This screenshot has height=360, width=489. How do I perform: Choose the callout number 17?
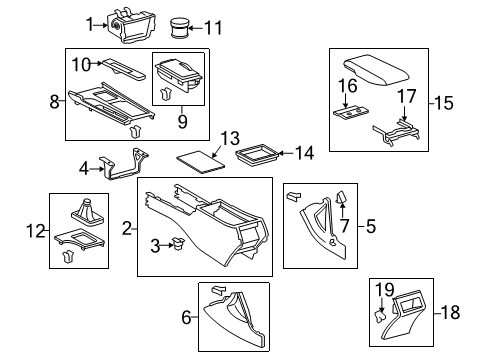(x=405, y=97)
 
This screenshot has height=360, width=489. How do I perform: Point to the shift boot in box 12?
(x=86, y=214)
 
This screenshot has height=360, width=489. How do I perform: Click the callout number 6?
(x=184, y=317)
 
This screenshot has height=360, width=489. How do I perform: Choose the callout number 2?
(x=127, y=229)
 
